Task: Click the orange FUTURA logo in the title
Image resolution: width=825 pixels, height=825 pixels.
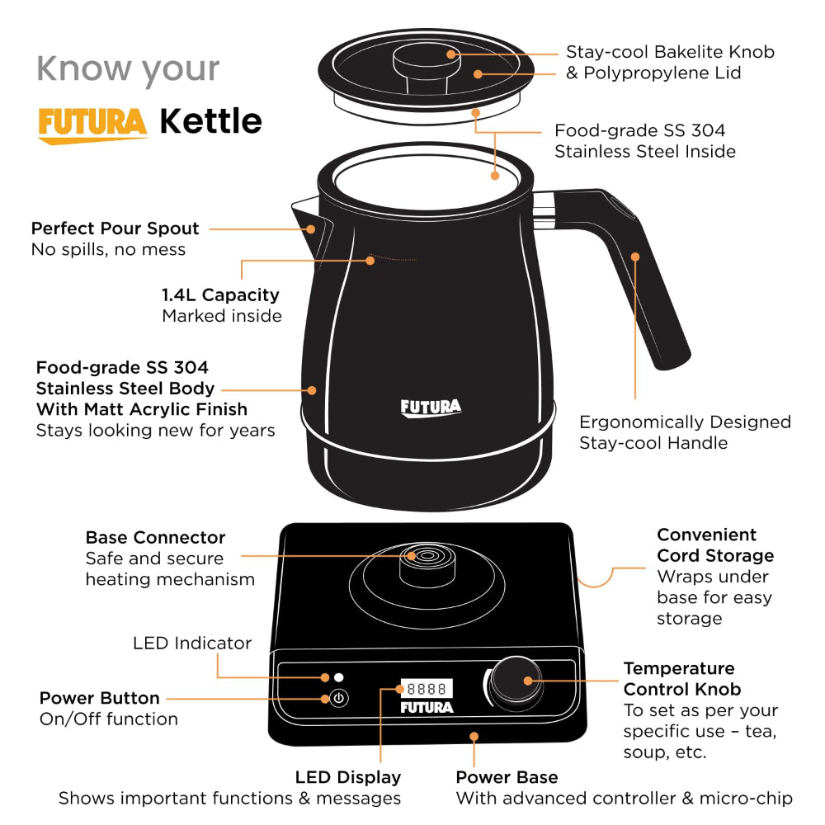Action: click(92, 124)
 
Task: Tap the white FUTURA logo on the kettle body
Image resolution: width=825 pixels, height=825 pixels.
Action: click(431, 408)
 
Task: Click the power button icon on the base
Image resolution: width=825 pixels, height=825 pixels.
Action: click(339, 699)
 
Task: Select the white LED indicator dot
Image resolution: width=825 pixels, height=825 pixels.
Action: click(338, 677)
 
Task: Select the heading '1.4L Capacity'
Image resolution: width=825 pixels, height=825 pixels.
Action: click(220, 295)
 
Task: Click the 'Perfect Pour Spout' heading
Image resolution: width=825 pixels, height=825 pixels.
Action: click(115, 229)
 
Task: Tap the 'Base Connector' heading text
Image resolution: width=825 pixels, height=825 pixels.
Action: click(155, 538)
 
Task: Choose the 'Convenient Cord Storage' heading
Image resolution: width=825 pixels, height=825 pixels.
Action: click(714, 545)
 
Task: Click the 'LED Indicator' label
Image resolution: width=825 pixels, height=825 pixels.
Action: click(192, 643)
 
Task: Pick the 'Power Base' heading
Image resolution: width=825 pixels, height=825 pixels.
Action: click(507, 777)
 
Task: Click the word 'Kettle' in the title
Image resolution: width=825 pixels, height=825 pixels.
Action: click(210, 121)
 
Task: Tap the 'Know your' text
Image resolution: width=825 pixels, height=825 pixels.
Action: click(128, 68)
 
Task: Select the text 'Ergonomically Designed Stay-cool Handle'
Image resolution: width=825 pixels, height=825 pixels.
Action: click(685, 432)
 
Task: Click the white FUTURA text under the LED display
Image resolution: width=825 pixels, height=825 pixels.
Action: click(426, 708)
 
